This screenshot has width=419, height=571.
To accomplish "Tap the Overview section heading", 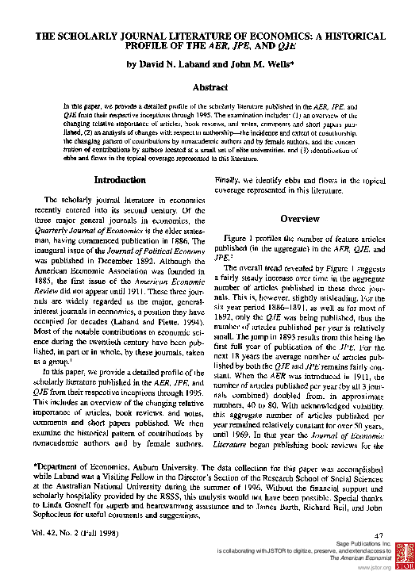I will point(300,219).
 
